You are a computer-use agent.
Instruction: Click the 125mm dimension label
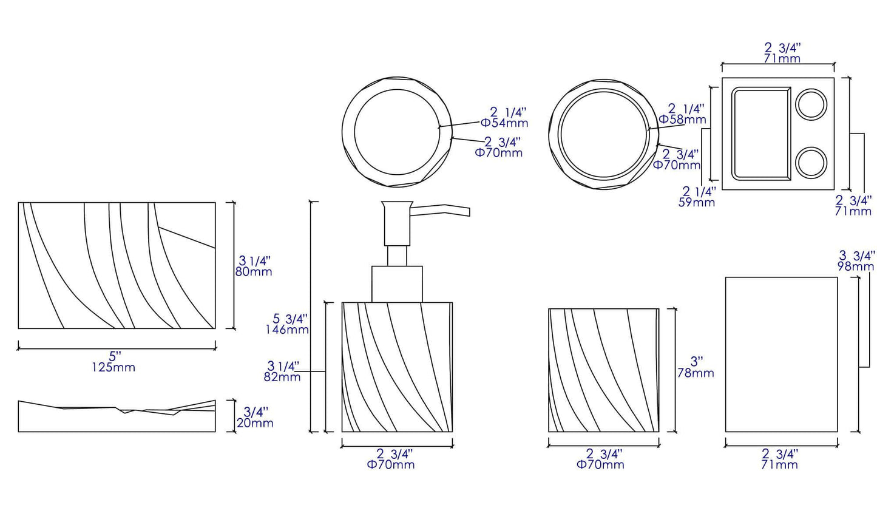113,367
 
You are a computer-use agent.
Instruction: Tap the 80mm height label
254,271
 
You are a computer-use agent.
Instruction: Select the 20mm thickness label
255,423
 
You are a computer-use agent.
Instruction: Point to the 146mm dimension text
286,330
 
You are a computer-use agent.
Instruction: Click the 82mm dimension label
283,377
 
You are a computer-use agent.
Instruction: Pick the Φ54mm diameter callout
504,123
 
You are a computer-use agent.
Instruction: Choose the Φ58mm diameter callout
682,120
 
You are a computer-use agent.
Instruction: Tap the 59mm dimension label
696,202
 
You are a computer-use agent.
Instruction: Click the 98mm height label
856,266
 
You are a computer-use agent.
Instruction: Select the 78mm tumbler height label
696,373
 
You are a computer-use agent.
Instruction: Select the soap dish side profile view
117,418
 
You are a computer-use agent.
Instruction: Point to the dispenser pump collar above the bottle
397,283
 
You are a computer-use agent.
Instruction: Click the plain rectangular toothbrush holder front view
781,354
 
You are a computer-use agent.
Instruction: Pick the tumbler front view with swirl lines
603,370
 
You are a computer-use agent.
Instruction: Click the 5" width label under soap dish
115,356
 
